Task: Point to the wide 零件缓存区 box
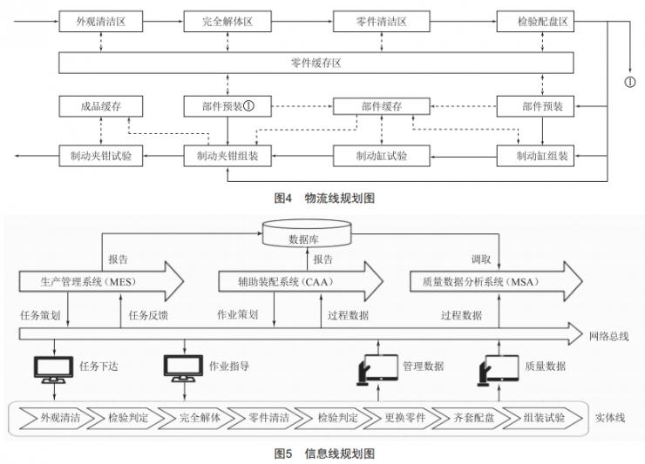coord(316,63)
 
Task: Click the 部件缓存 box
coord(381,107)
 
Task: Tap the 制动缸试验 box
coord(381,157)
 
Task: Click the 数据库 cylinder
coord(311,234)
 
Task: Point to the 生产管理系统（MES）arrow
coord(100,283)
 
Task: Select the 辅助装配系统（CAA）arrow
coord(299,283)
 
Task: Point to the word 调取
coord(481,259)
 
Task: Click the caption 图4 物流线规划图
coord(324,198)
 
